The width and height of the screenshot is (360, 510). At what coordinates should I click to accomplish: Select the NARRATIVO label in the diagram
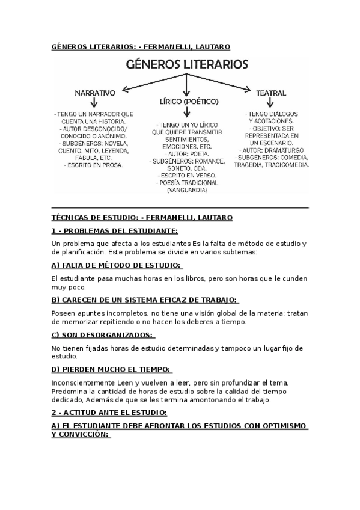pyautogui.click(x=94, y=94)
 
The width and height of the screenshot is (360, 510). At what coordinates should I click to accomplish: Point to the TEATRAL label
pyautogui.click(x=270, y=93)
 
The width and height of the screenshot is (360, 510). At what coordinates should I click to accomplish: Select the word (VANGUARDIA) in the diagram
pyautogui.click(x=187, y=190)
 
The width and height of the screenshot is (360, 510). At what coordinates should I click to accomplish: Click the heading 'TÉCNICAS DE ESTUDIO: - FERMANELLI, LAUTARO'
pyautogui.click(x=142, y=217)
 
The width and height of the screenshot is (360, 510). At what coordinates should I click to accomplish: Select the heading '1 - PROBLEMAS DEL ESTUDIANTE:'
pyautogui.click(x=114, y=230)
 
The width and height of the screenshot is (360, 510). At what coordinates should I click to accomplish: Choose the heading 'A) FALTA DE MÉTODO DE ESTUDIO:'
pyautogui.click(x=117, y=265)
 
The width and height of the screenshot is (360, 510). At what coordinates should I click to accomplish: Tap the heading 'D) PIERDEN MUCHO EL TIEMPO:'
pyautogui.click(x=111, y=369)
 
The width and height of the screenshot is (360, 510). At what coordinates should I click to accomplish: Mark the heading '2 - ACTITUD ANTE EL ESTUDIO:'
pyautogui.click(x=109, y=413)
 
